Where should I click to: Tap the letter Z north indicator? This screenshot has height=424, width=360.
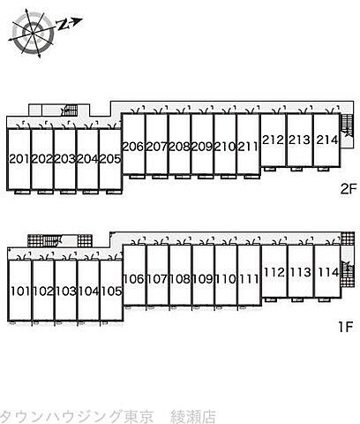point(63,26)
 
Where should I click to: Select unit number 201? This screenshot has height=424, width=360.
point(20,159)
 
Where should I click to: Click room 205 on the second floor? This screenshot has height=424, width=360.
point(110,159)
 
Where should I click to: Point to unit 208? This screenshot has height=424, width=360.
point(180,147)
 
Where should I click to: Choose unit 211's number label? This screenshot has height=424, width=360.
point(248,147)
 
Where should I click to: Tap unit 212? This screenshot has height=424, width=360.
point(274,140)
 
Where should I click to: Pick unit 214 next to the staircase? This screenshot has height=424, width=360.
point(327,140)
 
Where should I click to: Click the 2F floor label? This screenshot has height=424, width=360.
point(349,189)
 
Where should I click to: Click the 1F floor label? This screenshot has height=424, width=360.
point(345,327)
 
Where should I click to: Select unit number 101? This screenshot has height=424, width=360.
point(20,291)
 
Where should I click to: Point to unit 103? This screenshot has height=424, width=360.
point(66,291)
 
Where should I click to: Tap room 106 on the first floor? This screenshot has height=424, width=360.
point(134,279)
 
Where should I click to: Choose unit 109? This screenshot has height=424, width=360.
point(203,279)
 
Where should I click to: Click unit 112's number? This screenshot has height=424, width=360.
point(274,272)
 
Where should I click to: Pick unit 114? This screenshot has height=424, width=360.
point(328,272)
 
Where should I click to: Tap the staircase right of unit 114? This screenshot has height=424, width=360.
point(347,269)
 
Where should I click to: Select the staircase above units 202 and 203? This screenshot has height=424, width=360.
point(70,110)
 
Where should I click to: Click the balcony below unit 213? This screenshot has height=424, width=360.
point(296,169)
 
